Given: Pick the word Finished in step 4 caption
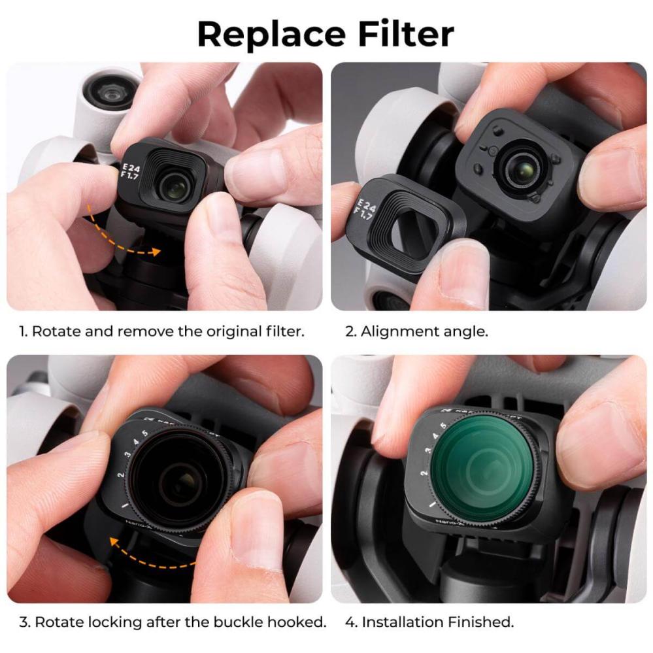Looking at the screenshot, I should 481,622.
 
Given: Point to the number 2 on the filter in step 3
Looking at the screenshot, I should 121,476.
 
